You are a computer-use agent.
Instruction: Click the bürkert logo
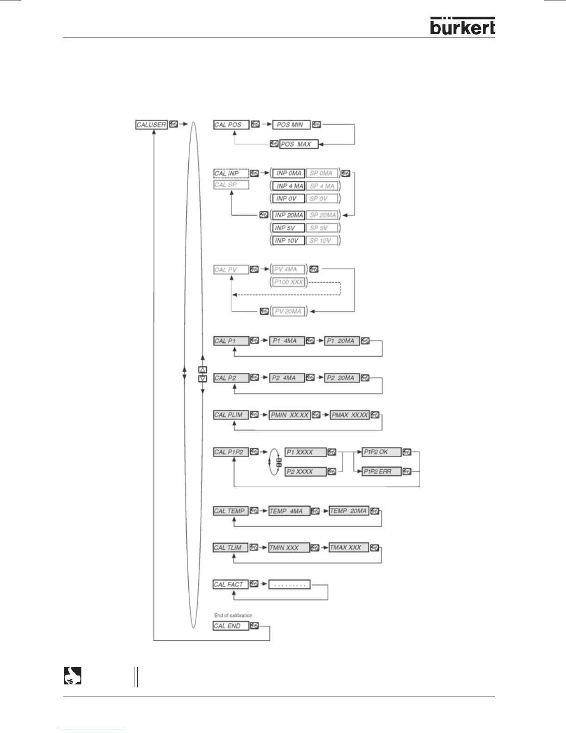462,26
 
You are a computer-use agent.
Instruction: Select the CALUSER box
151,125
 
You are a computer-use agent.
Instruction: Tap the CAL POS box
231,125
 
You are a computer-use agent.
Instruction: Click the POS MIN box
291,125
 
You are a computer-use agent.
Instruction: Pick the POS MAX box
299,144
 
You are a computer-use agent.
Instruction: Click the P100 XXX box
289,282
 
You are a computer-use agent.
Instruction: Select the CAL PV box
231,269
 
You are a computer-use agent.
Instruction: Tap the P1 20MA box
342,341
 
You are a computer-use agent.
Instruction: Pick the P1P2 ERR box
381,472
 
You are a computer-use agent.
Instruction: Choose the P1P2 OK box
381,452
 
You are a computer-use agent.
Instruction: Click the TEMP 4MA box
289,511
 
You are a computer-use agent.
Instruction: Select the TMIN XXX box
289,548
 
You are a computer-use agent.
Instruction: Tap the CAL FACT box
230,584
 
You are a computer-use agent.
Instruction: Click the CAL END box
230,626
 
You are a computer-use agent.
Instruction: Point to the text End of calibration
233,615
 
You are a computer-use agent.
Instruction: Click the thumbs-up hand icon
72,676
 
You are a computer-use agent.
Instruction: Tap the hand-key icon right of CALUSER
173,124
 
